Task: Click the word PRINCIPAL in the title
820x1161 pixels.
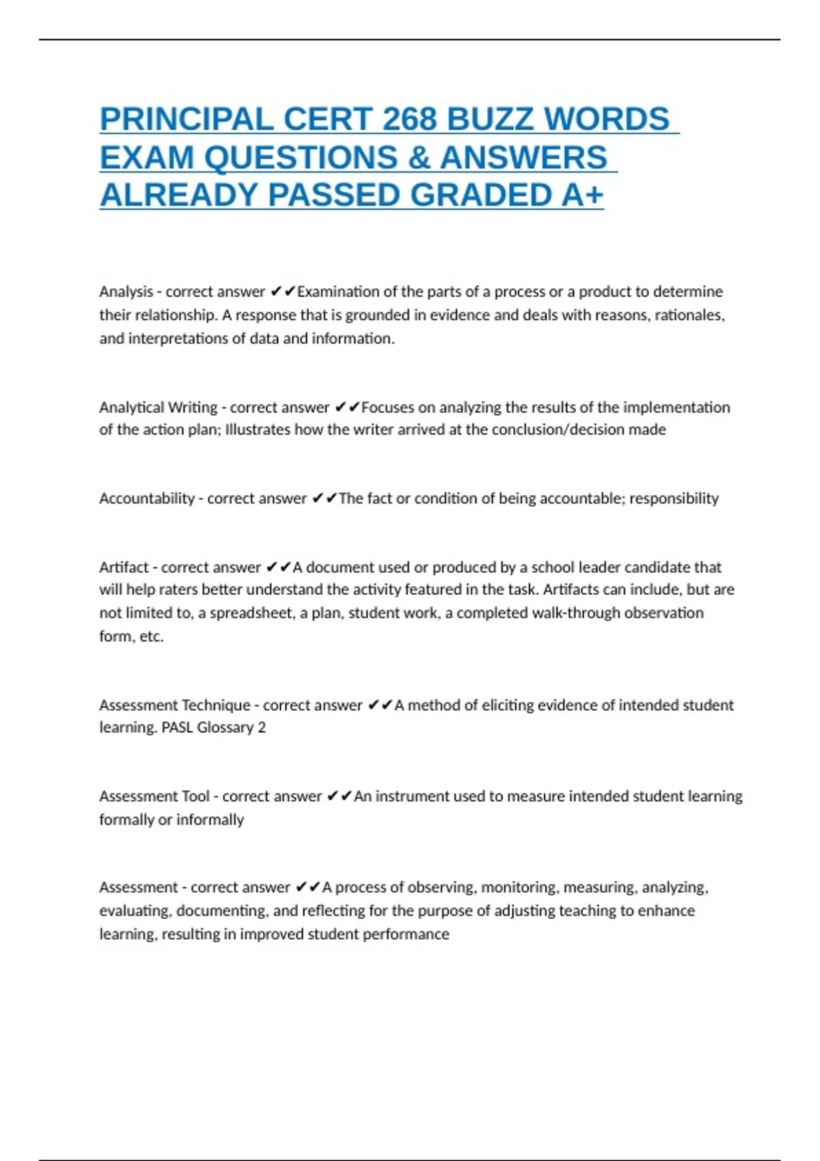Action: pos(187,120)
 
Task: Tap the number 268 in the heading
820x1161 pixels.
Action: pos(409,120)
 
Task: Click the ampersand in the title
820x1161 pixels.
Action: pos(418,158)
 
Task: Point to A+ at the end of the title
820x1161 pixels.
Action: pos(583,195)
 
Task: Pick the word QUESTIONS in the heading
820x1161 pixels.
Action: pos(301,158)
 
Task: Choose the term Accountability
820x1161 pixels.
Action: pos(147,499)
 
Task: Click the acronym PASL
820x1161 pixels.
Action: pos(177,727)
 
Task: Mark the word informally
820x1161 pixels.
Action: pos(210,820)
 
